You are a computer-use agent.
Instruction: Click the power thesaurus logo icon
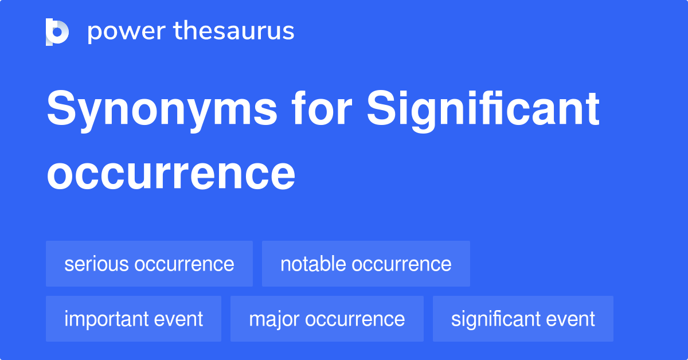(57, 32)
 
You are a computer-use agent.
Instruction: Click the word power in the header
(118, 32)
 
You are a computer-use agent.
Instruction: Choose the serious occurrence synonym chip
(149, 264)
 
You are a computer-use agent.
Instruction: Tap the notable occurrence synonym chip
(366, 264)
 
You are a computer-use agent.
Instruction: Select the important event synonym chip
(134, 319)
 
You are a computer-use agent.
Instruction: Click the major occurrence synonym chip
(327, 319)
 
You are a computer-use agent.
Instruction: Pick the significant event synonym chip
(523, 319)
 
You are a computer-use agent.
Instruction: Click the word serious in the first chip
(96, 264)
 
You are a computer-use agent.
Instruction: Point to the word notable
(312, 264)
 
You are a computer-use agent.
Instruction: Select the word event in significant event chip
(570, 319)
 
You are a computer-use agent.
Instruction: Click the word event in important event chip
(178, 319)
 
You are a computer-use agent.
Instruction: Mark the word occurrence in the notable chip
(401, 264)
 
